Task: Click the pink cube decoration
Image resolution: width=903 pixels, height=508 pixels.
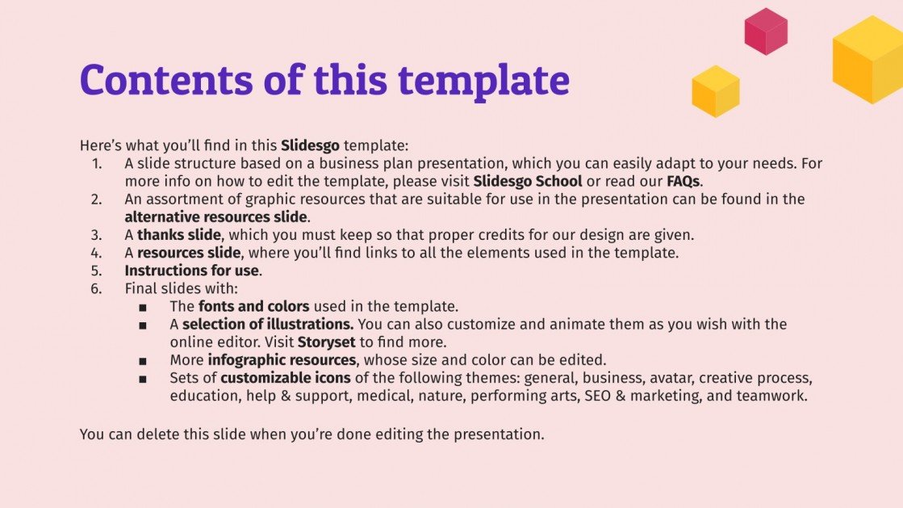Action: (765, 31)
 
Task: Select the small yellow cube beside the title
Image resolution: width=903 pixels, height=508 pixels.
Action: (716, 90)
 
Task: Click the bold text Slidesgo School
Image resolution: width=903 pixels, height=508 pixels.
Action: (528, 181)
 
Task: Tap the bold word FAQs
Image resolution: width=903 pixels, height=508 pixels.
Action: (683, 181)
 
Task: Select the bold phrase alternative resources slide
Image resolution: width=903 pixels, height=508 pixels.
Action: (215, 216)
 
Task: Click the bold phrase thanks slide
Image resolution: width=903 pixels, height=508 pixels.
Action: (178, 235)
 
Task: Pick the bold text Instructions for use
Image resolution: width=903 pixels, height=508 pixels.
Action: (191, 271)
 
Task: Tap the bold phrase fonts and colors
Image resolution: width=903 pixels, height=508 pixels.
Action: (253, 306)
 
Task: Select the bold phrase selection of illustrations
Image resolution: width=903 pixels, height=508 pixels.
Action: (267, 324)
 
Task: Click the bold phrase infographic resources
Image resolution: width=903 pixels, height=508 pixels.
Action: (282, 359)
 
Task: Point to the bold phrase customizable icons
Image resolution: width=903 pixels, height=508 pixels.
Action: (286, 378)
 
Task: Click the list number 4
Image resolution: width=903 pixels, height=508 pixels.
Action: (97, 253)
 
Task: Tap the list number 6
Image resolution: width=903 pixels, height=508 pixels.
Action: (97, 288)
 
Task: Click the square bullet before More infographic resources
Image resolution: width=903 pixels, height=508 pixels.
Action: (143, 360)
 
